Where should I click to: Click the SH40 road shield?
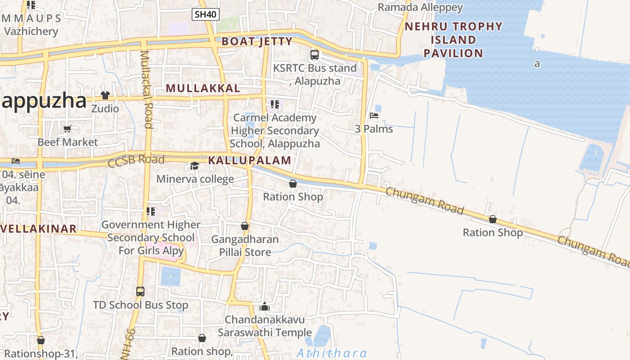206,14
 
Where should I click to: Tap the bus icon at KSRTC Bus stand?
315,55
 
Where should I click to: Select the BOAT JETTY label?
257,42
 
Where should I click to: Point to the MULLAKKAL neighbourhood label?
203,88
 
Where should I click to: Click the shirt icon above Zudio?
105,95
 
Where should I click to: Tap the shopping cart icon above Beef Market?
67,129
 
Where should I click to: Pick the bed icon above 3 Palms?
373,116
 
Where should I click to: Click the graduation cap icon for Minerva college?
195,166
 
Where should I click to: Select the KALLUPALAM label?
250,160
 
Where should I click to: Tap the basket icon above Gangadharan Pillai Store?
245,225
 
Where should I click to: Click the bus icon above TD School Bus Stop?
140,292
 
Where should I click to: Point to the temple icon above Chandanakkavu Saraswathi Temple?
265,307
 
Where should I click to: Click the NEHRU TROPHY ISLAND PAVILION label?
454,40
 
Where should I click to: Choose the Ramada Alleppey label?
420,7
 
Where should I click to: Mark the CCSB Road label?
136,161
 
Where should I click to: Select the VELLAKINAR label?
40,229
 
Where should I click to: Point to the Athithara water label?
332,353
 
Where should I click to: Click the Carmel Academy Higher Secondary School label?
274,130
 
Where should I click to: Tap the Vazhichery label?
31,31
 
